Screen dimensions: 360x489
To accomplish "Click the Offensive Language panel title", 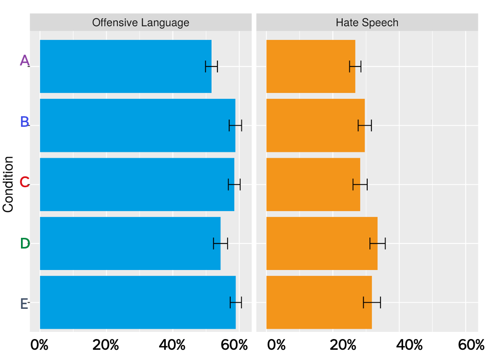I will [x=140, y=22].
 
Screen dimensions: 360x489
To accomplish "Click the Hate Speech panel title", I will [x=367, y=22].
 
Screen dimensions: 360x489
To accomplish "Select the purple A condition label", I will [x=25, y=61].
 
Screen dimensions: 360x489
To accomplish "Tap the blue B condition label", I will [x=25, y=122].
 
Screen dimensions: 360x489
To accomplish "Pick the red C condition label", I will [x=25, y=182].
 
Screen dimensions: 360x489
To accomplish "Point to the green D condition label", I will [x=25, y=244].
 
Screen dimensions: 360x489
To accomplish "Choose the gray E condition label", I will [x=24, y=304].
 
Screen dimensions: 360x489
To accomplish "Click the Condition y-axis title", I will [x=8, y=184].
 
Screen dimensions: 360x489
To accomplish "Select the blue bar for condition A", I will [x=125, y=66].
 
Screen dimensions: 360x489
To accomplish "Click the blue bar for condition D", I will [x=130, y=243].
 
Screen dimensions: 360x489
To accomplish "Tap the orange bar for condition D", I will [x=322, y=243].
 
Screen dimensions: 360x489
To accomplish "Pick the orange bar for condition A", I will [x=310, y=66].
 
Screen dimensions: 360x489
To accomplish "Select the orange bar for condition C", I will [x=313, y=185].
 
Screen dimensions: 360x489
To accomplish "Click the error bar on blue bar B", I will [x=235, y=125].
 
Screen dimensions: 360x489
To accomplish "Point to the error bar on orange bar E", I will [x=372, y=303].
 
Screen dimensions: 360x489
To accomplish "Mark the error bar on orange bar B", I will [x=365, y=125].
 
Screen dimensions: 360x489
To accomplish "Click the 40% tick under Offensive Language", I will [x=172, y=345].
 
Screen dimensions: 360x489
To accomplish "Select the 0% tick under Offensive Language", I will [x=39, y=345].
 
